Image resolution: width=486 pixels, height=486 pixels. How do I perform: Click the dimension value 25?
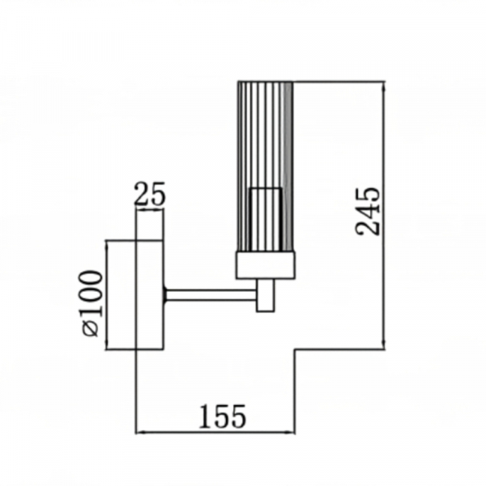tap(150, 194)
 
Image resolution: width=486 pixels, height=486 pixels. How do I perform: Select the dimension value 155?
tap(222, 416)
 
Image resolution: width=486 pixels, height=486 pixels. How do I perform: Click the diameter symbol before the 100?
tap(92, 329)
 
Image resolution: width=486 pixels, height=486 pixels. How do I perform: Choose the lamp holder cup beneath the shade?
tap(266, 264)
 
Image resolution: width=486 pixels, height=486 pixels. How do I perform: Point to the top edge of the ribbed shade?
tap(266, 82)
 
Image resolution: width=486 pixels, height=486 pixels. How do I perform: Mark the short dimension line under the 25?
tap(150, 210)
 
